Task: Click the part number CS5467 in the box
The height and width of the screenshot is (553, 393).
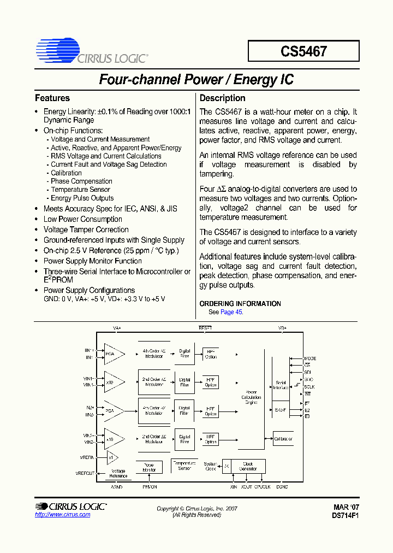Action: tap(303, 51)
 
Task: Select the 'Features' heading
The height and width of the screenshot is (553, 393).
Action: tap(52, 98)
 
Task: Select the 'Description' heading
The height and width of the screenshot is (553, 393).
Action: tap(222, 98)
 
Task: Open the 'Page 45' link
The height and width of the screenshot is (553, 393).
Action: tap(231, 312)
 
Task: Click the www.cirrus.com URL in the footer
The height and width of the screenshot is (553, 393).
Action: tap(63, 515)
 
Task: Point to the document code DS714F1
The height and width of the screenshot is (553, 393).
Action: tap(345, 515)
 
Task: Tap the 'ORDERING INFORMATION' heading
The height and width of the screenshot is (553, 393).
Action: tap(240, 304)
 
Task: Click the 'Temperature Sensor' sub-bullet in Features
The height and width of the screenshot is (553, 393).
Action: tap(80, 190)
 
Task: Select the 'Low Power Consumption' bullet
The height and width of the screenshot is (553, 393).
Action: tap(82, 219)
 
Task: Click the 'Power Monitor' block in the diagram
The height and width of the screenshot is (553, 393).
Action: tap(149, 468)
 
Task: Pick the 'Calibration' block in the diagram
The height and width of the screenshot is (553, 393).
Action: tap(283, 439)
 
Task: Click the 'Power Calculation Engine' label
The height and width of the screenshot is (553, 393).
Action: tap(251, 397)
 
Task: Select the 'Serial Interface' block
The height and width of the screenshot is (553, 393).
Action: tap(281, 385)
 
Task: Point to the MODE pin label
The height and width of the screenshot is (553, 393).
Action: tap(310, 358)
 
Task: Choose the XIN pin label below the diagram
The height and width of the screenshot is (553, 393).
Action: tap(234, 486)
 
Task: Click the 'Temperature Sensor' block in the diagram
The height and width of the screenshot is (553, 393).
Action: tap(184, 465)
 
